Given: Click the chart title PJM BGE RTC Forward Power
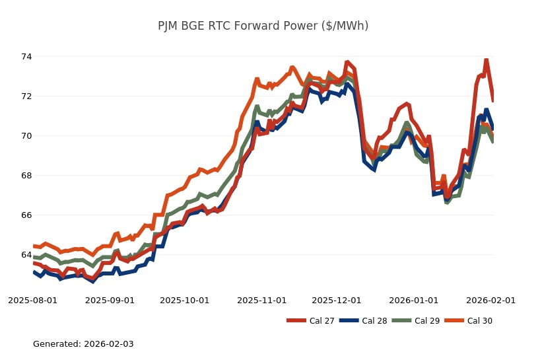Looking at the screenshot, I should (263, 26).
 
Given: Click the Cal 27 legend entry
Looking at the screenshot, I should (310, 321).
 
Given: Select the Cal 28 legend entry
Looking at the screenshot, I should (363, 321).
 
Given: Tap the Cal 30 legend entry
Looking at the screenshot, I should (469, 321).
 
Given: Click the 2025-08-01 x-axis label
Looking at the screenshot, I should (33, 301).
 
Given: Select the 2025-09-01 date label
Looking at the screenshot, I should (110, 301).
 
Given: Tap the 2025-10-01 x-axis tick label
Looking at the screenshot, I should (184, 301).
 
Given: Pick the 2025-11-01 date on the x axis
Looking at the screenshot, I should (261, 301).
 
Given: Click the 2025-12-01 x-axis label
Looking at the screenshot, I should (336, 301).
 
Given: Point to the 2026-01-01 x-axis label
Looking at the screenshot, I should (413, 301).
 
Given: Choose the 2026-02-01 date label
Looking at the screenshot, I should (490, 301).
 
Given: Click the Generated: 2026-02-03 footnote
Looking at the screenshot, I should (83, 344).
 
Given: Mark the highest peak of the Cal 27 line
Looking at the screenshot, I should (486, 60).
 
